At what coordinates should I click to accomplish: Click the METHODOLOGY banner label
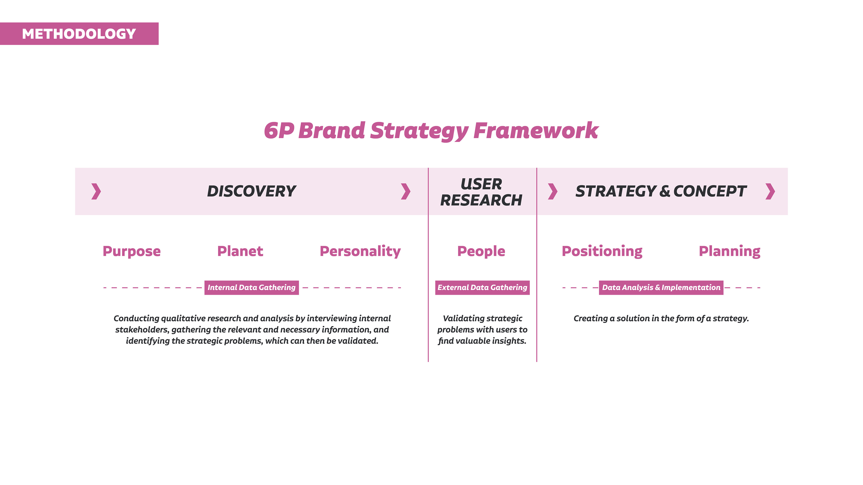(79, 34)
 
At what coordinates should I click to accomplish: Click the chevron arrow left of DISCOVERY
(96, 192)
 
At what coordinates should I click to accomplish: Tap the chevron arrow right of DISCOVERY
(406, 192)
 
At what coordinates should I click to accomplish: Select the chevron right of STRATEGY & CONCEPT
(770, 192)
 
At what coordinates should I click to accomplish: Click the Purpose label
(132, 252)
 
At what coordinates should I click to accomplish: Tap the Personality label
(360, 252)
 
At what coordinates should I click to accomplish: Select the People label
(481, 252)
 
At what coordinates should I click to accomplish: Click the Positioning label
(602, 252)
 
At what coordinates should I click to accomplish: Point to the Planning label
(729, 252)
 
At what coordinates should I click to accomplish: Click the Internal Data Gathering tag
(252, 287)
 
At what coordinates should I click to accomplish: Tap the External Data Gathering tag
(483, 287)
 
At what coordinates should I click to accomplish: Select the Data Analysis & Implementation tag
(661, 287)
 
